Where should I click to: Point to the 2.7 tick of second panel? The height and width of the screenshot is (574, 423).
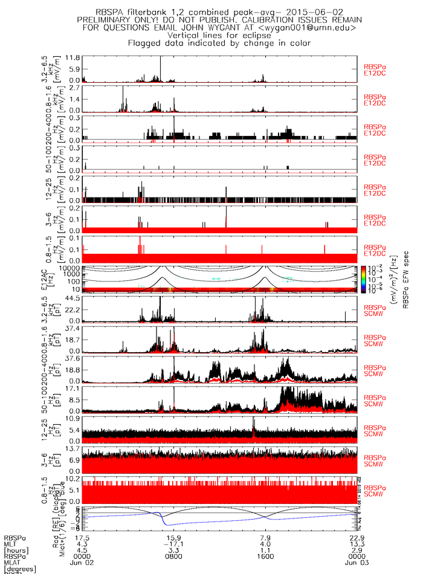point(74,88)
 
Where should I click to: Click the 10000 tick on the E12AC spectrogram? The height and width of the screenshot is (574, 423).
point(71,268)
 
